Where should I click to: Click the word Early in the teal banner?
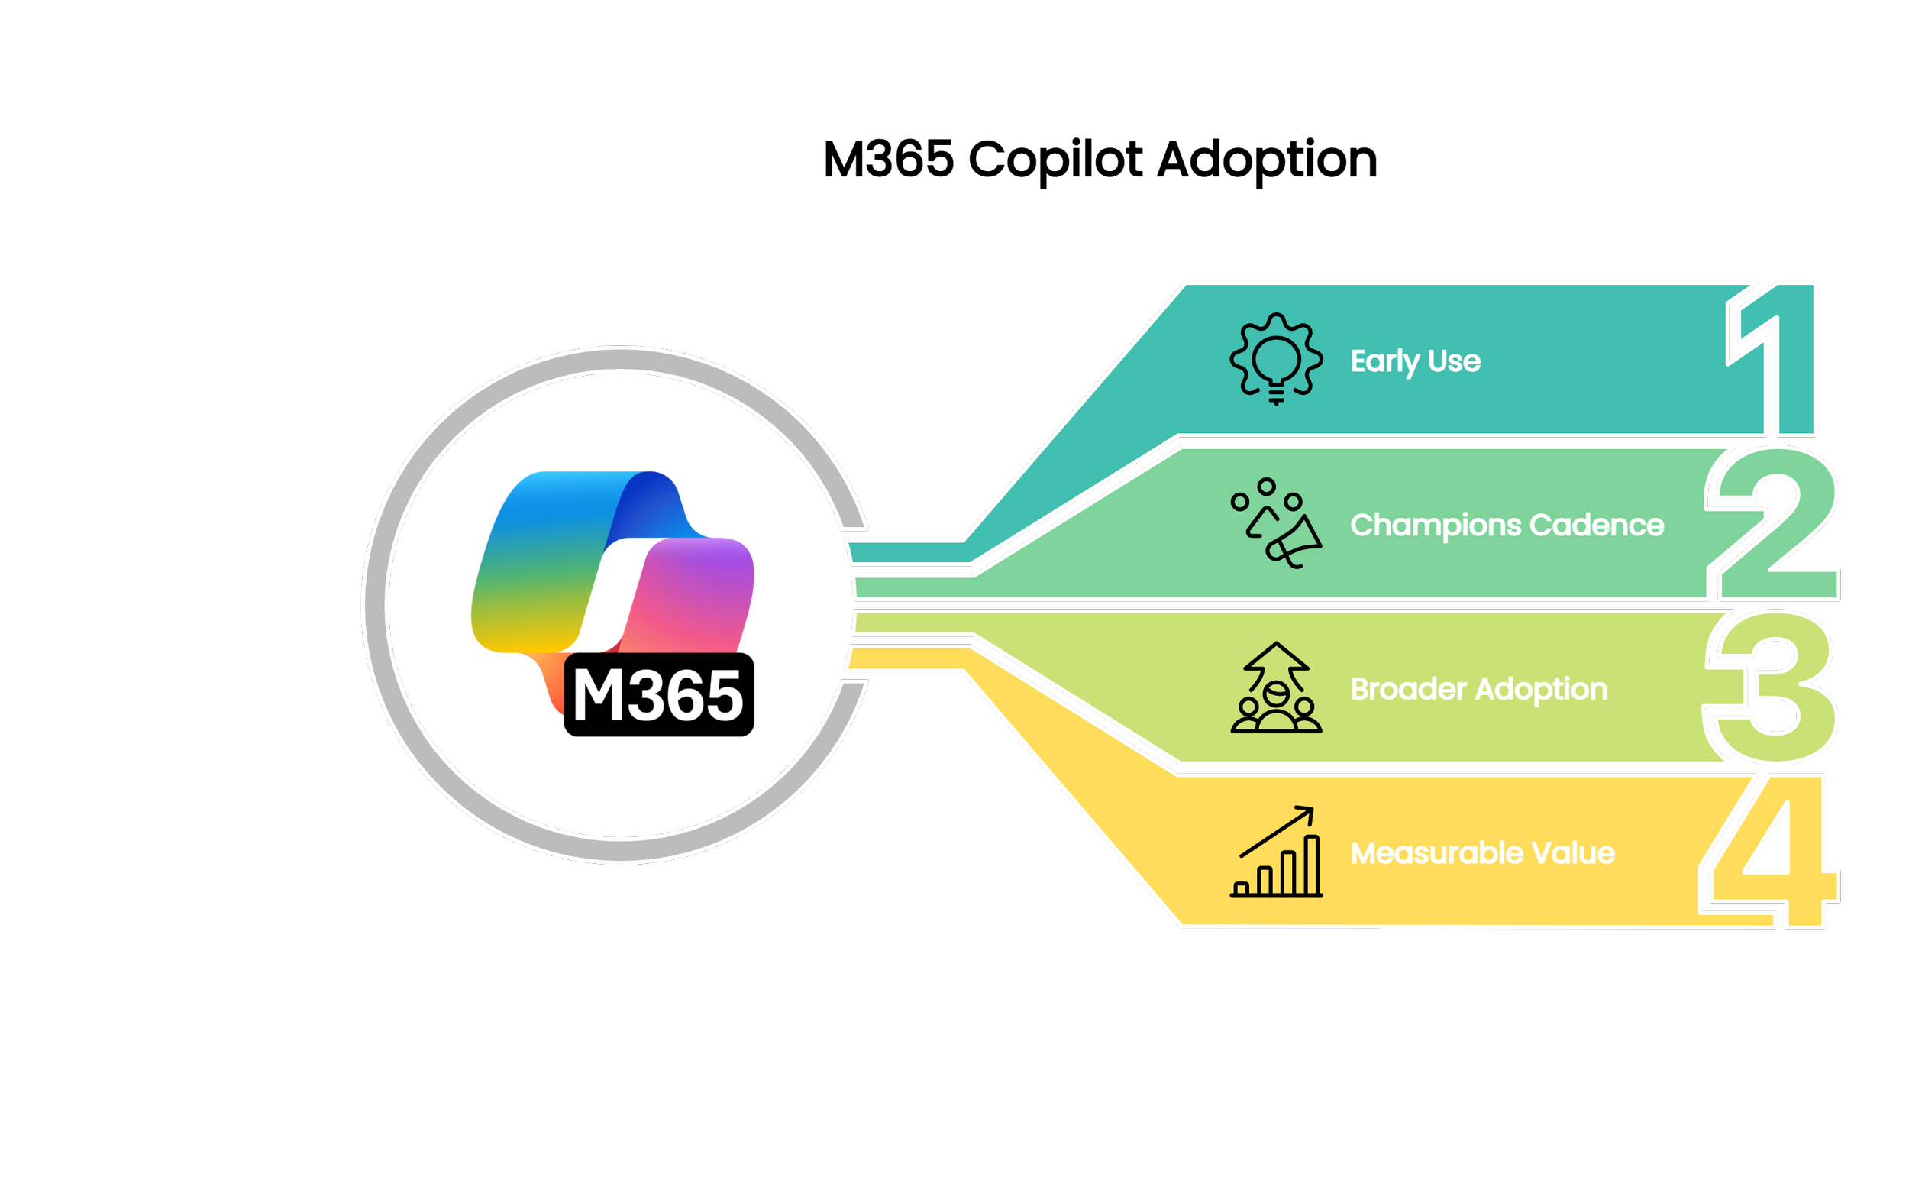pos(1385,362)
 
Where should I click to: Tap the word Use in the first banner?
pos(1454,361)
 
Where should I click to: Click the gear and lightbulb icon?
pos(1277,358)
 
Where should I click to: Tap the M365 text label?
pos(657,697)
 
